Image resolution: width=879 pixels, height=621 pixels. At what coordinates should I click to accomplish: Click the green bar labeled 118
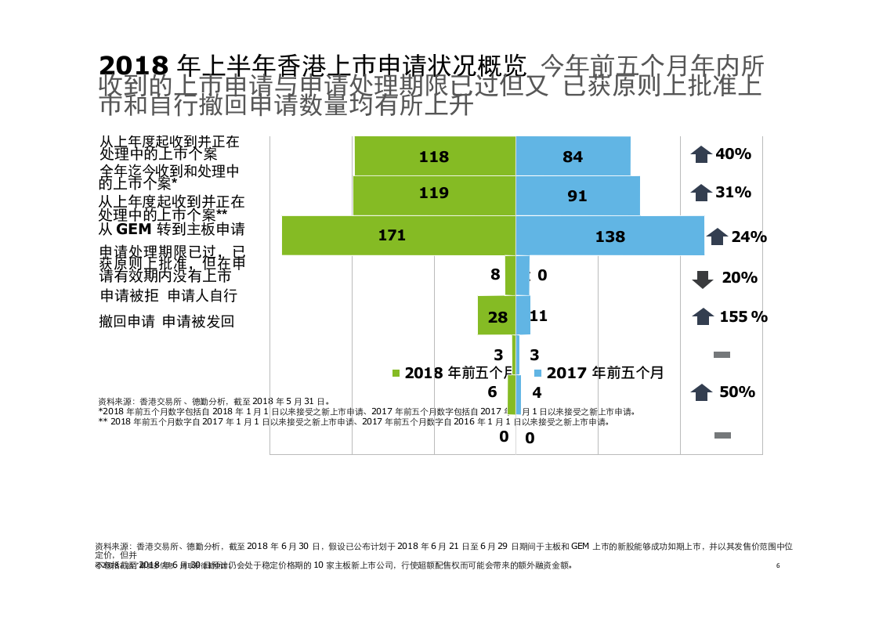[x=434, y=156]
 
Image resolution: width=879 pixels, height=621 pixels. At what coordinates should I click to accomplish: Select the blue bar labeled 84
[x=573, y=156]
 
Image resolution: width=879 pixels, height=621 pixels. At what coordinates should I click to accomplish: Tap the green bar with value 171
[x=398, y=235]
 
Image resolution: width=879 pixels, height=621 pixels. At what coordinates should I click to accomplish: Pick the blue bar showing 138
[x=610, y=236]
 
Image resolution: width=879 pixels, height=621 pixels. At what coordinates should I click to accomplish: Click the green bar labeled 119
[x=433, y=195]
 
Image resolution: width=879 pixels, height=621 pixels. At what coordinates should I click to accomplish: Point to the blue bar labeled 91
[x=577, y=196]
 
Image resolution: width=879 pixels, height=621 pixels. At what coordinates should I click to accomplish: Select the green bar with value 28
[x=496, y=316]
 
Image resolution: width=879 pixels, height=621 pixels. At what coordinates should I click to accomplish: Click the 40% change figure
[x=733, y=154]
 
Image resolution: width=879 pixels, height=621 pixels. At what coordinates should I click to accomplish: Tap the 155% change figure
[x=743, y=316]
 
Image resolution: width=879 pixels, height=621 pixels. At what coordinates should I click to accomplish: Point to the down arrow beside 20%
[x=703, y=279]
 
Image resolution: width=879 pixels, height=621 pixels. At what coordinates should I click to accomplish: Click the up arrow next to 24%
[x=717, y=236]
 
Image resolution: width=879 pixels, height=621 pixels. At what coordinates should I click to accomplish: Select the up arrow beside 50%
[x=701, y=392]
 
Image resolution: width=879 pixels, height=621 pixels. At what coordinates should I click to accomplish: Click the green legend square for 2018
[x=396, y=374]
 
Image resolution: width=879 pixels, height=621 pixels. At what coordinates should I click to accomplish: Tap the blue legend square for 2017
[x=538, y=374]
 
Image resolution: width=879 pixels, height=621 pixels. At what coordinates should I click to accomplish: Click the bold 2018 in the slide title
[x=134, y=65]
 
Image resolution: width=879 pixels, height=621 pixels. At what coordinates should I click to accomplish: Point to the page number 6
[x=777, y=565]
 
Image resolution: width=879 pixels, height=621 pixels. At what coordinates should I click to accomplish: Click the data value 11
[x=538, y=316]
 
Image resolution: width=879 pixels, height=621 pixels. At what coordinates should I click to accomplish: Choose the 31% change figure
[x=733, y=193]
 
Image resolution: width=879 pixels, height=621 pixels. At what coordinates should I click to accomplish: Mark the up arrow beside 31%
[x=701, y=193]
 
